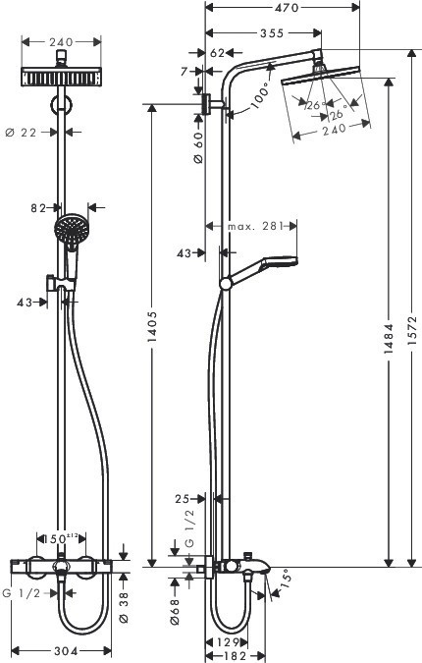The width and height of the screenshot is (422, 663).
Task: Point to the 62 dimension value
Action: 218,52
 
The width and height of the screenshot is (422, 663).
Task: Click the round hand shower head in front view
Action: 70,232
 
